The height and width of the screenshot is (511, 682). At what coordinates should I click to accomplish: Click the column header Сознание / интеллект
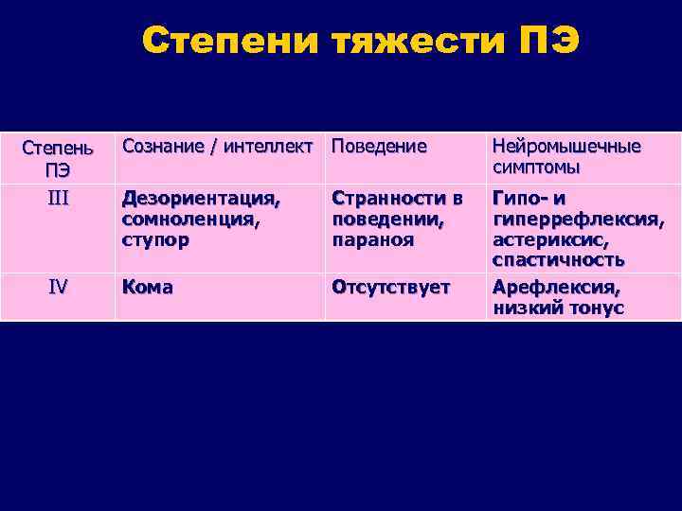coord(219,147)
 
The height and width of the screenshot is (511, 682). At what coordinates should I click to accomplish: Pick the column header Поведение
coord(379,147)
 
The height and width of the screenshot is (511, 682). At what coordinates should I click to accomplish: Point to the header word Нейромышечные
coord(566,147)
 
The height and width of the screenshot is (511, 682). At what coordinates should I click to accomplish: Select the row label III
coord(58,196)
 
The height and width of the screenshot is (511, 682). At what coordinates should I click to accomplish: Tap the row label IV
coord(58,287)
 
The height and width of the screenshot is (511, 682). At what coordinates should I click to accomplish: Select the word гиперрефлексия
coord(576,220)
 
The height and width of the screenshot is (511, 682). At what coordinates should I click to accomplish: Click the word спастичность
coord(558,259)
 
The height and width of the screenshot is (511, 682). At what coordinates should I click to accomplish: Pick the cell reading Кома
coord(147,287)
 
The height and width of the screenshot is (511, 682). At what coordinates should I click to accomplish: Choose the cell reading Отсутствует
coord(390,287)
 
